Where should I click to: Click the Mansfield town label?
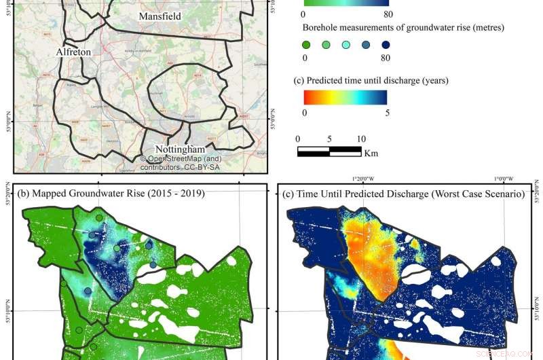(160, 16)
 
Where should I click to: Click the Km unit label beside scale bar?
(371, 153)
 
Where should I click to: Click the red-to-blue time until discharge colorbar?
(345, 97)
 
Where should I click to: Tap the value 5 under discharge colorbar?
(387, 113)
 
